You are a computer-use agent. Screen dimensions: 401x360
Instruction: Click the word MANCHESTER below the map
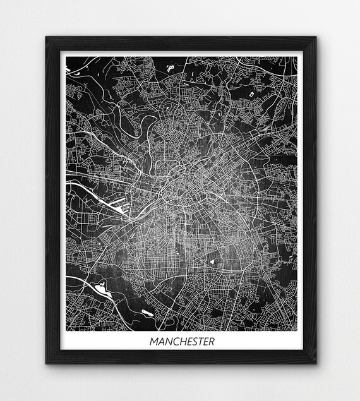[x=182, y=342]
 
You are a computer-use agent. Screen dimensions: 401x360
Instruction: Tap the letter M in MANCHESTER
[x=153, y=342]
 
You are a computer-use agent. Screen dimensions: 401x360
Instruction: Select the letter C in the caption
[x=174, y=342]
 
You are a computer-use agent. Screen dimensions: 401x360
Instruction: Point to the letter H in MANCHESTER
[x=181, y=342]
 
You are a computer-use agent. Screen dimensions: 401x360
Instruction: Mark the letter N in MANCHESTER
[x=167, y=342]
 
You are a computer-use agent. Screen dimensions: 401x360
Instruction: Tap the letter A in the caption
[x=160, y=342]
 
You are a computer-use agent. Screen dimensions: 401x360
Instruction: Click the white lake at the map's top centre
[x=169, y=66]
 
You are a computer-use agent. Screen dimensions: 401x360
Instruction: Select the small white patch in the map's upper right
[x=251, y=95]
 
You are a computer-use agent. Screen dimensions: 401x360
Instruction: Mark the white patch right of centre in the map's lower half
[x=213, y=260]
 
